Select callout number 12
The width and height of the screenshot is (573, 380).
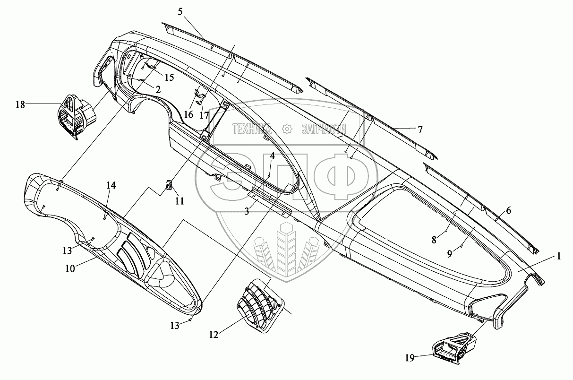[x=214, y=335]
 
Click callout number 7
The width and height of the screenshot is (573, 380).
[x=420, y=129]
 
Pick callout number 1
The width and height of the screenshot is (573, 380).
[x=558, y=256]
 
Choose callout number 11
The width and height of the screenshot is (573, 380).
[x=180, y=201]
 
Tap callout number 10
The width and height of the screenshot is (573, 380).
[x=70, y=268]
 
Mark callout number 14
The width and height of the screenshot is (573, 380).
[x=110, y=186]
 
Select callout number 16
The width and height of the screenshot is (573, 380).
[x=189, y=114]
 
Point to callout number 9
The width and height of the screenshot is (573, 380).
[x=450, y=253]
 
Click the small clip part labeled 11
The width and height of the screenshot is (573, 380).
[x=168, y=184]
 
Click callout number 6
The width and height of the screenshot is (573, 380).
[x=508, y=211]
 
